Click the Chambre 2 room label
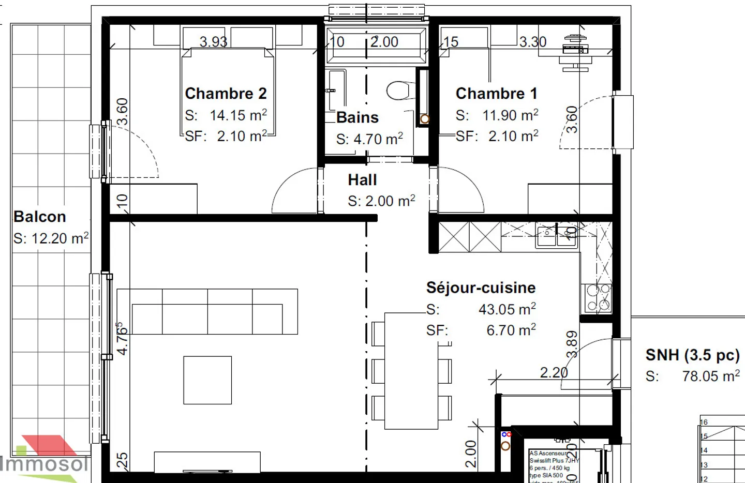[x=226, y=94]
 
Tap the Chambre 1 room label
[x=496, y=94]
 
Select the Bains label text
[x=357, y=118]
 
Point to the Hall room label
[x=362, y=180]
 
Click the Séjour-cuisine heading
[x=481, y=288]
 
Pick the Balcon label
[x=40, y=217]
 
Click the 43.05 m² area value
[x=507, y=309]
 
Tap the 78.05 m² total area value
[x=711, y=376]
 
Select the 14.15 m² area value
[x=238, y=115]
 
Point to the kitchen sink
[x=556, y=236]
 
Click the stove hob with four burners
[x=598, y=298]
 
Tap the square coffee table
[x=207, y=380]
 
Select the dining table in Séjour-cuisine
[x=411, y=371]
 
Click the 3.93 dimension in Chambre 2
[x=213, y=42]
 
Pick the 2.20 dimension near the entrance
[x=554, y=372]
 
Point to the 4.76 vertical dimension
[x=122, y=339]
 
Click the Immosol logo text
[x=44, y=463]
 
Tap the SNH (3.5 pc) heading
[x=692, y=355]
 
